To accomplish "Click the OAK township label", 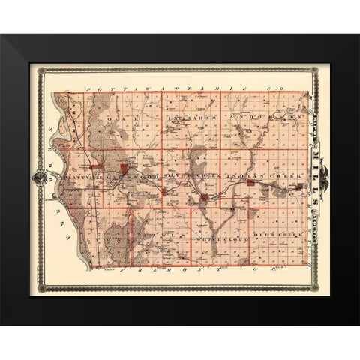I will tap(115, 119).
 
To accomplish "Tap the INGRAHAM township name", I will tap(191, 118).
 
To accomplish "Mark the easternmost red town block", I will tap(204, 197).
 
